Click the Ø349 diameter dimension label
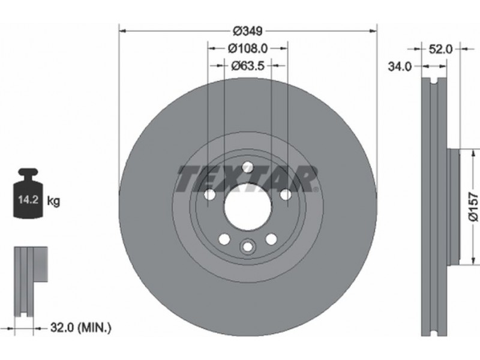tap(248, 31)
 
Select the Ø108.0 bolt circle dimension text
tap(248, 49)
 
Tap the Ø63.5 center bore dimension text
tap(248, 65)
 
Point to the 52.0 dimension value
tap(440, 49)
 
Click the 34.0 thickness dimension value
tap(400, 67)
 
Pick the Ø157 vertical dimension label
tap(473, 206)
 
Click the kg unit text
tap(53, 202)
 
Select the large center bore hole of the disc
tap(248, 206)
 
